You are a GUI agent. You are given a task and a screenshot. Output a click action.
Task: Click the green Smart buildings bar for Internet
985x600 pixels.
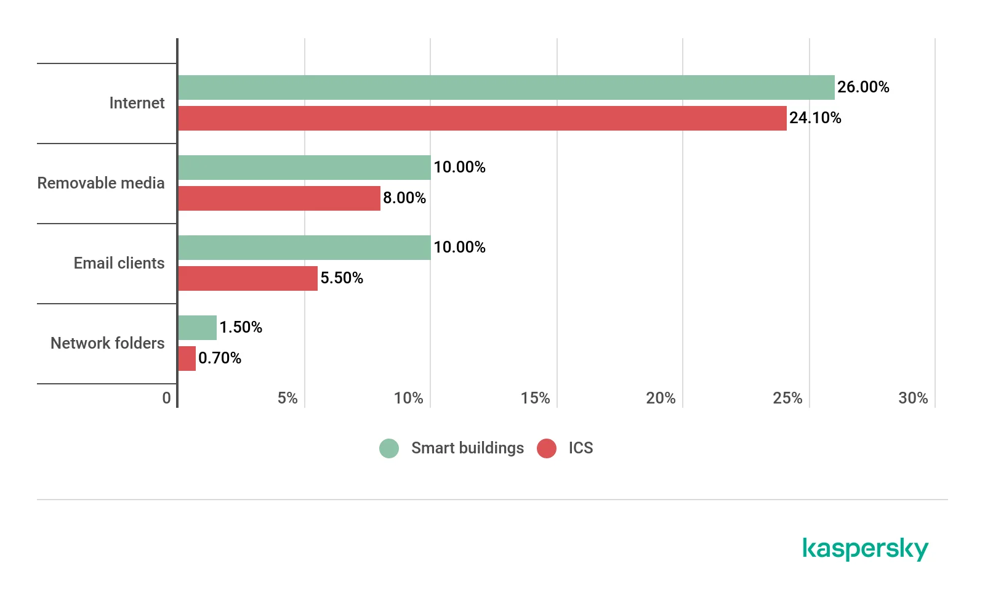pos(506,87)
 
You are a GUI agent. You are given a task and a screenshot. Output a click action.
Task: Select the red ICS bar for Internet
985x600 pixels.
pos(482,118)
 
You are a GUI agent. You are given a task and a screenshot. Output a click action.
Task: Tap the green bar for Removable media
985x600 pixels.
pos(304,168)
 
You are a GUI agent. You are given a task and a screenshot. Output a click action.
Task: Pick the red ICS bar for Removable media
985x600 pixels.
pos(279,198)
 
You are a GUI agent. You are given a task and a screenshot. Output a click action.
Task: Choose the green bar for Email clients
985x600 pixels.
pos(304,248)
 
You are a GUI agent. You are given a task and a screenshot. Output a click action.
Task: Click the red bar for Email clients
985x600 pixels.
pos(247,278)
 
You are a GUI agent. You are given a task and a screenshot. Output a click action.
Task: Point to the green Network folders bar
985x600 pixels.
pos(197,328)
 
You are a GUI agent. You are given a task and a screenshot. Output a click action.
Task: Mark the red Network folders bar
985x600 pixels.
pos(187,359)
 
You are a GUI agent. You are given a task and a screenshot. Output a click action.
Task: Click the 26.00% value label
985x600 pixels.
pos(863,87)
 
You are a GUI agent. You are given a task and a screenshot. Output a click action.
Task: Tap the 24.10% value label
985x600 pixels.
pos(815,118)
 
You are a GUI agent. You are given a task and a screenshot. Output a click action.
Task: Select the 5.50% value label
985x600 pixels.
pos(342,278)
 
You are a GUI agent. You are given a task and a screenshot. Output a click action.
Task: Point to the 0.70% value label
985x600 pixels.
pos(220,358)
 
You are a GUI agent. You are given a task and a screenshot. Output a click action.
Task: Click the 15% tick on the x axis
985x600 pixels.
pos(535,398)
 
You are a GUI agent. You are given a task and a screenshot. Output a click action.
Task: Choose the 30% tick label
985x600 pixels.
pos(913,398)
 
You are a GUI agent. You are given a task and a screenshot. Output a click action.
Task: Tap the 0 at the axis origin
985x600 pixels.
pos(166,398)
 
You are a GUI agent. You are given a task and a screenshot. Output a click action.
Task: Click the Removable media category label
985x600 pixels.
pos(101,183)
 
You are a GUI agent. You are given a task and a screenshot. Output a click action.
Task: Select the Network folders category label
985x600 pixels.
pos(108,343)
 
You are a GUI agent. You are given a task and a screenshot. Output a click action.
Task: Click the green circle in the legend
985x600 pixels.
pos(389,448)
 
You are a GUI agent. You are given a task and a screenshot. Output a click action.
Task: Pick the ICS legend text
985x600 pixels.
pos(581,448)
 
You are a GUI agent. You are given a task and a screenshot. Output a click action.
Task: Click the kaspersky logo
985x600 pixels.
pos(865,548)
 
